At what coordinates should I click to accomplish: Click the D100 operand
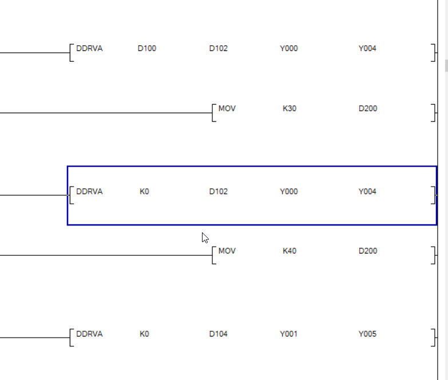pos(146,49)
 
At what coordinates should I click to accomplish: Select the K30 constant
pos(290,109)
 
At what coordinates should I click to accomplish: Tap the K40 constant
pos(290,251)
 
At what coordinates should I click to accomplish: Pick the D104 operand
pos(218,334)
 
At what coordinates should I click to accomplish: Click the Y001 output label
pos(288,334)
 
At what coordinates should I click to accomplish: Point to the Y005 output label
pos(367,334)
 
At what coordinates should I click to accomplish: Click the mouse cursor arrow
pos(205,237)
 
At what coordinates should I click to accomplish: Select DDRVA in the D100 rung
pos(89,49)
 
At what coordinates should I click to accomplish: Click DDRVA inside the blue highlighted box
pos(89,192)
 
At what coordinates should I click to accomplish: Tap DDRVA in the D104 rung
pos(89,334)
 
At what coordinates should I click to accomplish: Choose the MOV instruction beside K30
pos(227,109)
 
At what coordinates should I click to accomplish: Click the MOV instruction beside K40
pos(227,251)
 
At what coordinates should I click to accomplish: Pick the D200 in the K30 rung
pos(368,109)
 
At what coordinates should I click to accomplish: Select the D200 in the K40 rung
pos(368,251)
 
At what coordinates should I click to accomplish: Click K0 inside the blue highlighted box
pos(144,192)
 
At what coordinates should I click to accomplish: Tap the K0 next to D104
pos(144,334)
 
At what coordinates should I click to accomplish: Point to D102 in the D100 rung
pos(218,49)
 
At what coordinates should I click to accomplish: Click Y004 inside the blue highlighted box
pos(367,192)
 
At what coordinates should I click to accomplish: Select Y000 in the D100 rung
pos(288,49)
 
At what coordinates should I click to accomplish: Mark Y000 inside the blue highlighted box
pos(288,192)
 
